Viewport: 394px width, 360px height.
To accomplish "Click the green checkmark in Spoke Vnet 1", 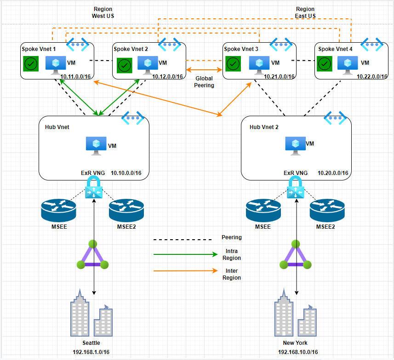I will pos(31,64).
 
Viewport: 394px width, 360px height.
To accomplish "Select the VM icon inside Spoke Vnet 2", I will pos(148,64).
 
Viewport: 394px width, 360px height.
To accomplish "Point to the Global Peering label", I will pos(204,82).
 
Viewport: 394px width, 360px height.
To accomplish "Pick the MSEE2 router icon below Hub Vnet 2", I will pos(327,211).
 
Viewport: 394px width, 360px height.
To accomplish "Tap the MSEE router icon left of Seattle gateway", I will pos(58,211).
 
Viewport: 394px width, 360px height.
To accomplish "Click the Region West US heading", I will pos(103,12).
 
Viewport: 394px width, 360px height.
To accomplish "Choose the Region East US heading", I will pos(305,12).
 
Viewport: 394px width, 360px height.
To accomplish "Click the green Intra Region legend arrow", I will pos(185,254).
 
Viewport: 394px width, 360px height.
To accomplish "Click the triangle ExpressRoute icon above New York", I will pos(294,255).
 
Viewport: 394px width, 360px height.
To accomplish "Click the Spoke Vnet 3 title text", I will pos(241,49).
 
